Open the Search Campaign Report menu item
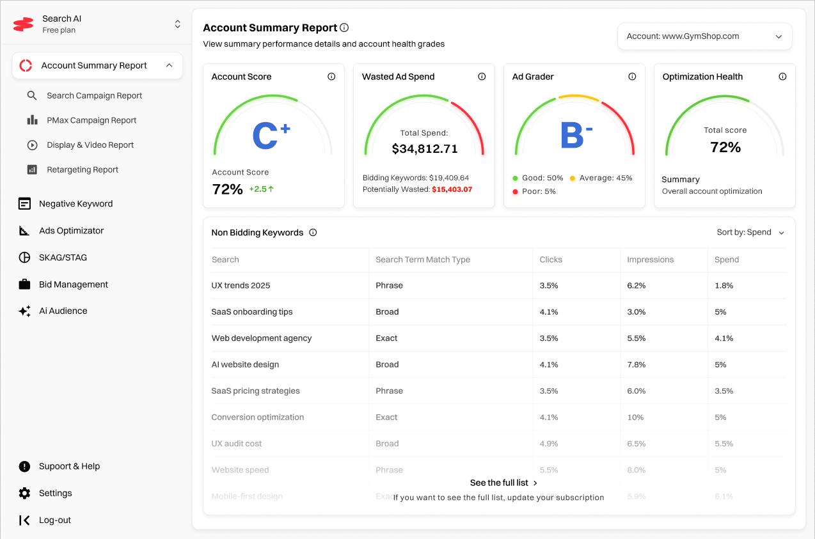coord(94,95)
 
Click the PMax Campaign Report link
coord(91,120)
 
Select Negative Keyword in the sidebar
coord(75,204)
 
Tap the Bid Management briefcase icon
coord(24,285)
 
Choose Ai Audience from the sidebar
coord(63,311)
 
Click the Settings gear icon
coord(24,493)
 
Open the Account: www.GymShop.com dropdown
coord(704,36)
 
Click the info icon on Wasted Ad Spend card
coord(482,77)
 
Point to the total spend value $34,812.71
coord(425,149)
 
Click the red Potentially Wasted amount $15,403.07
coord(452,189)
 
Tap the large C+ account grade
coord(271,136)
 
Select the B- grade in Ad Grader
coord(576,136)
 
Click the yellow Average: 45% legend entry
coord(601,178)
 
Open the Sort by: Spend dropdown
coord(750,233)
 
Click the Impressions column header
coord(650,260)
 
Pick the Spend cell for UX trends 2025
coord(724,286)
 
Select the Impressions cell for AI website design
coord(636,364)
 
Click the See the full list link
coord(503,483)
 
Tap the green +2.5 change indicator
coord(261,189)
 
